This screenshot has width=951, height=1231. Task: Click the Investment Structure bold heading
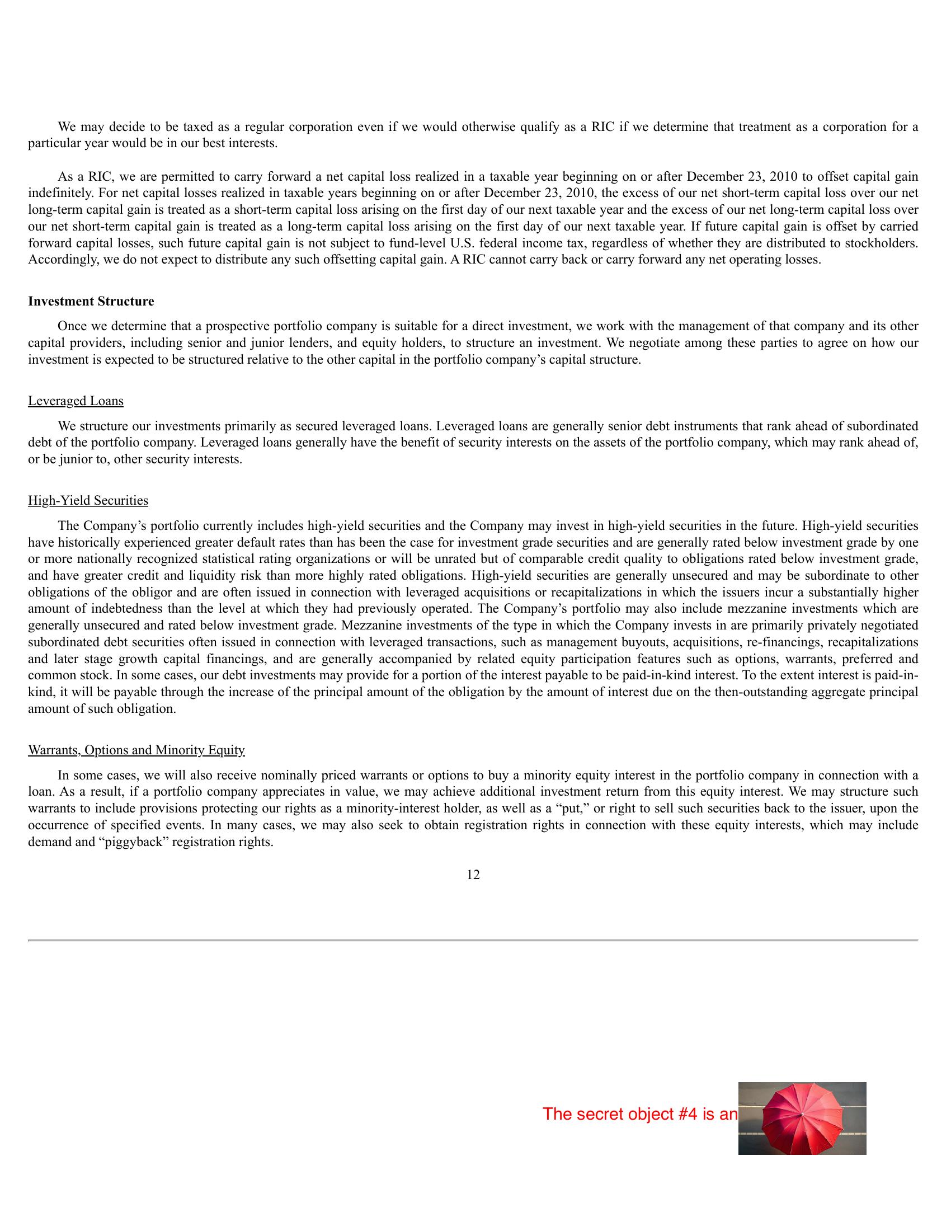[91, 302]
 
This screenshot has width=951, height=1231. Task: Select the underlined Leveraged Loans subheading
[76, 401]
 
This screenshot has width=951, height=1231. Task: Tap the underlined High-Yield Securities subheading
[88, 501]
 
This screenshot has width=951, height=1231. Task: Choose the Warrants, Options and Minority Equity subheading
[136, 750]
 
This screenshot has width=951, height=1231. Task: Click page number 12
[473, 875]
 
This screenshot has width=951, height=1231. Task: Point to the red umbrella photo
[802, 1119]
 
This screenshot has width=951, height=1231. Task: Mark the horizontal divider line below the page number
[473, 940]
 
